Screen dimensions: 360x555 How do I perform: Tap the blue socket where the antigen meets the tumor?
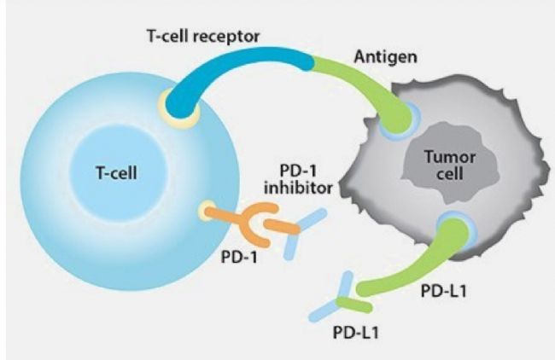click(394, 119)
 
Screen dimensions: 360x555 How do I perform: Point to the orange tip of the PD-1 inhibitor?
click(277, 225)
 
